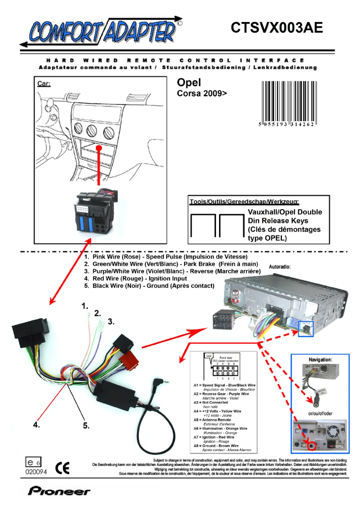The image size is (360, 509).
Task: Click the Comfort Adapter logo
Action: [x=101, y=32]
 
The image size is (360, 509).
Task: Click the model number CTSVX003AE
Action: [x=277, y=28]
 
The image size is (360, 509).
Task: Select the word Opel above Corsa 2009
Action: [x=189, y=83]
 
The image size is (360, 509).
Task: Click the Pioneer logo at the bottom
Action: [x=59, y=491]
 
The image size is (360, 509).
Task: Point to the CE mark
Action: [x=62, y=468]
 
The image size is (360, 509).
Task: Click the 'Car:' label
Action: [x=44, y=84]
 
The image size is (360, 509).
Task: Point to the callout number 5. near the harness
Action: [x=86, y=426]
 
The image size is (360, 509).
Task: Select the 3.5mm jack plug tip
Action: [x=168, y=382]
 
